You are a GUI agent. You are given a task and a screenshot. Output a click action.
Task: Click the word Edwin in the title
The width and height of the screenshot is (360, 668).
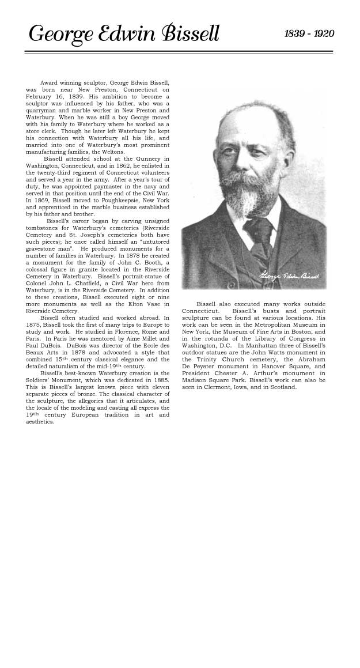(x=139, y=34)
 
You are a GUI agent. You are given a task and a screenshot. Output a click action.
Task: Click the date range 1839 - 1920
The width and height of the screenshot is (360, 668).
(x=309, y=34)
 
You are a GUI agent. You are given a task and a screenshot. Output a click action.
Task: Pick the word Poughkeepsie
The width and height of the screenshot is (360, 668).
(x=120, y=200)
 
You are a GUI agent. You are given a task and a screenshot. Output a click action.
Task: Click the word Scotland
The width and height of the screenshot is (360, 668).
(x=282, y=387)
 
